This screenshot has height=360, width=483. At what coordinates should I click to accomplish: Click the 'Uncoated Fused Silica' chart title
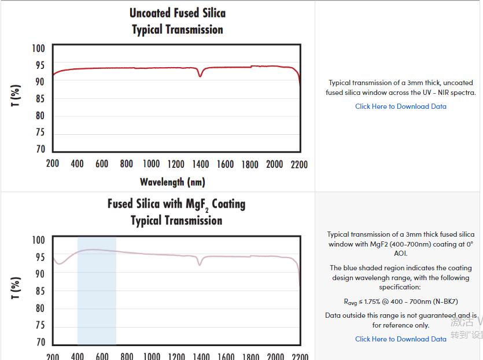tap(177, 13)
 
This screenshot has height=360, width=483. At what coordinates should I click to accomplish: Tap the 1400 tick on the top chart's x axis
tap(201, 164)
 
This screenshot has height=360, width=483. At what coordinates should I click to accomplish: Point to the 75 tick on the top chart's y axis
tap(38, 133)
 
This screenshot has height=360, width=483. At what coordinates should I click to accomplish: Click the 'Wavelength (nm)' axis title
tap(172, 182)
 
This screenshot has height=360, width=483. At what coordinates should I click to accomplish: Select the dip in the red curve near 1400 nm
tap(200, 75)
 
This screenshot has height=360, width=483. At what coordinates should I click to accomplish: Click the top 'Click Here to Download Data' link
tap(400, 106)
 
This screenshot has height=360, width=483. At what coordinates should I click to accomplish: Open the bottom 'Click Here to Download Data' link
tap(400, 339)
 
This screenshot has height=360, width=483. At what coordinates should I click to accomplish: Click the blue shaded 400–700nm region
tap(97, 289)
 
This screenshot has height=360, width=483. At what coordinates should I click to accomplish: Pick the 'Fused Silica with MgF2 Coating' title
tap(176, 204)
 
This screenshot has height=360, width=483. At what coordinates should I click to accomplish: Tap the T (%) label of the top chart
tap(16, 95)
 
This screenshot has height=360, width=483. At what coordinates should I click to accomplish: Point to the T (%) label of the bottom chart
tap(16, 288)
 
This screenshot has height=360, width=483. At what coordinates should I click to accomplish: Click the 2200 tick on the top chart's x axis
tap(299, 164)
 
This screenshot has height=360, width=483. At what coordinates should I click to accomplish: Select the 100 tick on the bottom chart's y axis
tap(38, 240)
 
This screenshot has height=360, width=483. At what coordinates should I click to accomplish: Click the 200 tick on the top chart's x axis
tap(53, 164)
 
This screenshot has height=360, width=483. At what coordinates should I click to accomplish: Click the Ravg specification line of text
tap(400, 302)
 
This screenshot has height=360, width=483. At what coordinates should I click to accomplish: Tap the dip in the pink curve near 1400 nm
tap(200, 265)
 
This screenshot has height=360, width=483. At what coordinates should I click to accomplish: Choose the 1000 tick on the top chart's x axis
tap(151, 164)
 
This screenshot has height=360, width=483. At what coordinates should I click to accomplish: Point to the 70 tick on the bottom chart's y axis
tap(38, 342)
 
